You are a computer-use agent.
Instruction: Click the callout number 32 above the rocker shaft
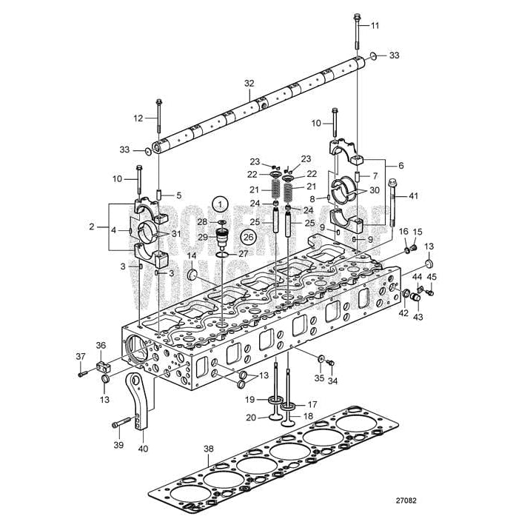point(249,84)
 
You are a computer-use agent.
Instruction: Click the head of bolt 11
point(358,16)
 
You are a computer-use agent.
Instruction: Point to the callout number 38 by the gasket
point(209,449)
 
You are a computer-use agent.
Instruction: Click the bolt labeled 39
point(121,424)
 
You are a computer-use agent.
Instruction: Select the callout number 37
point(80,357)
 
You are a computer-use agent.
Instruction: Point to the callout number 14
point(191,256)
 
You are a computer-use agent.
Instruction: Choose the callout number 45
point(432,278)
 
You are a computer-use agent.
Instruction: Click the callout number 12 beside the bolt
point(138,118)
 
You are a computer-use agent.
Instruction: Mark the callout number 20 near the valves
point(252,417)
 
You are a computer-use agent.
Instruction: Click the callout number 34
point(332,381)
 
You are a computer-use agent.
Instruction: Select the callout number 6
point(401,166)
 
